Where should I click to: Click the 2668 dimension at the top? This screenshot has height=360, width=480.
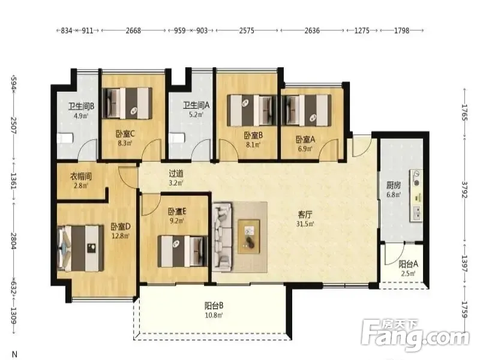133,31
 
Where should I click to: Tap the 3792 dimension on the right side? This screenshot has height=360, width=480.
465,190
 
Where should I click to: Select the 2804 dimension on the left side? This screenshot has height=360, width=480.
14,241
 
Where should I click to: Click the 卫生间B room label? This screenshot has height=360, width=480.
81,106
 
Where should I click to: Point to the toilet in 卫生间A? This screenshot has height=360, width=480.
178,137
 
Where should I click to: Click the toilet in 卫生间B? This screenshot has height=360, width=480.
65,138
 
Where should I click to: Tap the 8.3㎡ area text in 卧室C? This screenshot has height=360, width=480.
125,143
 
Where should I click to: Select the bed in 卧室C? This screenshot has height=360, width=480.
127,103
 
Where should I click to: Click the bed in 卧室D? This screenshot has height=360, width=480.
81,248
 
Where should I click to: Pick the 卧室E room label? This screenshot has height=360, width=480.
177,212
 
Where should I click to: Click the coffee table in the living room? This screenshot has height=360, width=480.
249,236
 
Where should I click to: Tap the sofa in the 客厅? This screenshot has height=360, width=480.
222,236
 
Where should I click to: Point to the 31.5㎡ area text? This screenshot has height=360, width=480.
305,224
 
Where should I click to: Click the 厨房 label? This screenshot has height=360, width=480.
394,185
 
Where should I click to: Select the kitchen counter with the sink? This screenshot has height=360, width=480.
416,196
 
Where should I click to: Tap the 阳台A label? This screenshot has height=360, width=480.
409,264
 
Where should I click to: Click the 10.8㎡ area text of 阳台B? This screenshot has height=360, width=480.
214,314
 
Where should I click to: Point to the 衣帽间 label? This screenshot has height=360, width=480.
81,176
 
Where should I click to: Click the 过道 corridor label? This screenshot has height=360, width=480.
176,174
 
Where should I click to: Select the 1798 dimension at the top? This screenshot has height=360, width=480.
401,31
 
